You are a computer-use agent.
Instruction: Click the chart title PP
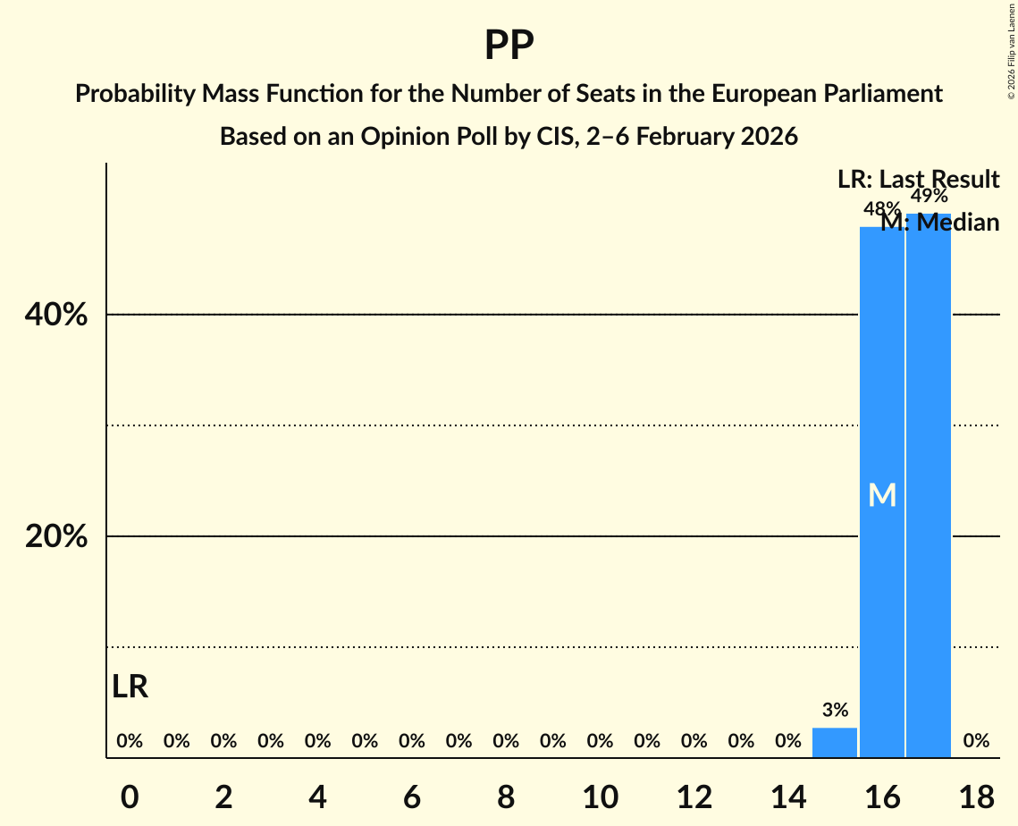pos(509,45)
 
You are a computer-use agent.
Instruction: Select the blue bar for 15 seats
pos(835,743)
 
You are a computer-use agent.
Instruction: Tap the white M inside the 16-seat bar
pos(881,495)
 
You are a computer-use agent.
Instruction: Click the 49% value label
pos(929,197)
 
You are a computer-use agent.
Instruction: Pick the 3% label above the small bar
pos(835,711)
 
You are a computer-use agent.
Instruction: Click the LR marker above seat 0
pos(130,687)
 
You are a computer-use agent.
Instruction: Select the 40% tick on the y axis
pos(62,316)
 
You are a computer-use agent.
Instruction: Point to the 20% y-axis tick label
pos(62,536)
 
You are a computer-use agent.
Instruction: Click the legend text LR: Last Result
pos(918,180)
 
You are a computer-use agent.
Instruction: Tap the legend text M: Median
pos(939,223)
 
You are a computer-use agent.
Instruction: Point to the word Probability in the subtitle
pos(139,94)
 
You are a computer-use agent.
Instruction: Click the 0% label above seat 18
pos(976,740)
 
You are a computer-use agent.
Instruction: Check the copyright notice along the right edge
pos(1011,50)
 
